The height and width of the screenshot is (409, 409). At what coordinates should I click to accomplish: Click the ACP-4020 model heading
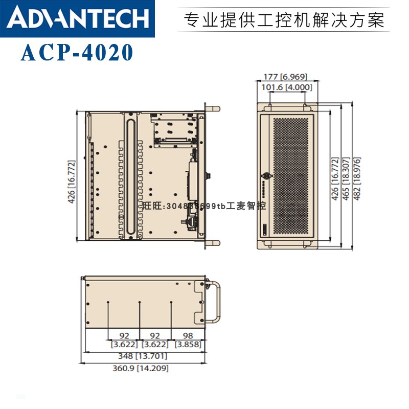click(77, 53)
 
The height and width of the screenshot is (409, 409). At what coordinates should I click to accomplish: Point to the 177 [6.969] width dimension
click(285, 77)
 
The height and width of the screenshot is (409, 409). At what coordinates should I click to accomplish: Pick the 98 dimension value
click(187, 335)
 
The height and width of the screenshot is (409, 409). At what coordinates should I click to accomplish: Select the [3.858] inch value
click(188, 345)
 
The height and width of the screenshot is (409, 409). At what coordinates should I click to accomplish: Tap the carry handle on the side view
click(217, 302)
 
